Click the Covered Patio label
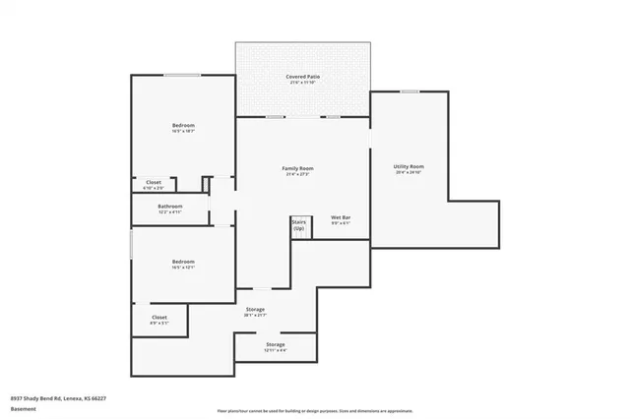(x=303, y=76)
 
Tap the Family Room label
(x=297, y=168)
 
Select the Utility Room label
(x=409, y=166)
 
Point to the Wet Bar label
(x=342, y=217)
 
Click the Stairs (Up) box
(x=298, y=225)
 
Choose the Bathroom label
(x=170, y=206)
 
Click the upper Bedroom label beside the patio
(x=183, y=125)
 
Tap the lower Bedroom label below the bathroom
(x=183, y=262)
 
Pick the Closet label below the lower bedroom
(x=158, y=318)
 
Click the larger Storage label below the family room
(x=255, y=310)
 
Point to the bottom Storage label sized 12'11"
(x=275, y=345)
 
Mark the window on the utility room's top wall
(x=409, y=91)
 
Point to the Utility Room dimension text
(x=409, y=172)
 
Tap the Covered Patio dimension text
(x=303, y=83)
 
